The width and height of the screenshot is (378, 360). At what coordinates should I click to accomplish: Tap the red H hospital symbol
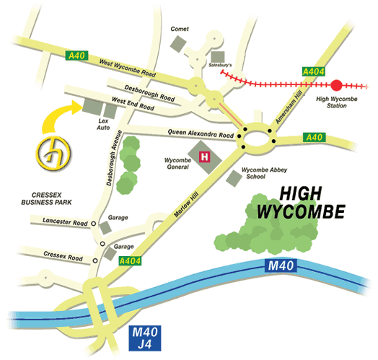tap(204, 155)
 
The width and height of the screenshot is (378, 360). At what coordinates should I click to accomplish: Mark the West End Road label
tap(133, 104)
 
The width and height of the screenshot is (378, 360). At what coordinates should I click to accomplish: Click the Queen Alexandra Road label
tap(201, 135)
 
